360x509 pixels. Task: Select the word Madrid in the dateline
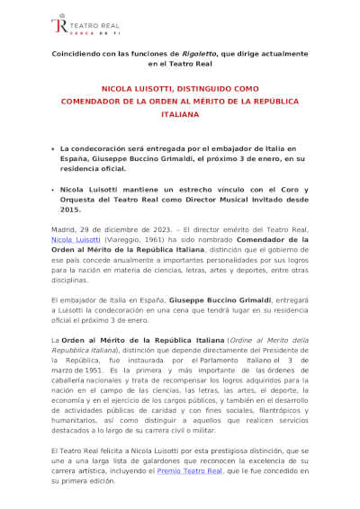coord(64,231)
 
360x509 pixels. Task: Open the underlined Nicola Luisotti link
coord(75,241)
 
